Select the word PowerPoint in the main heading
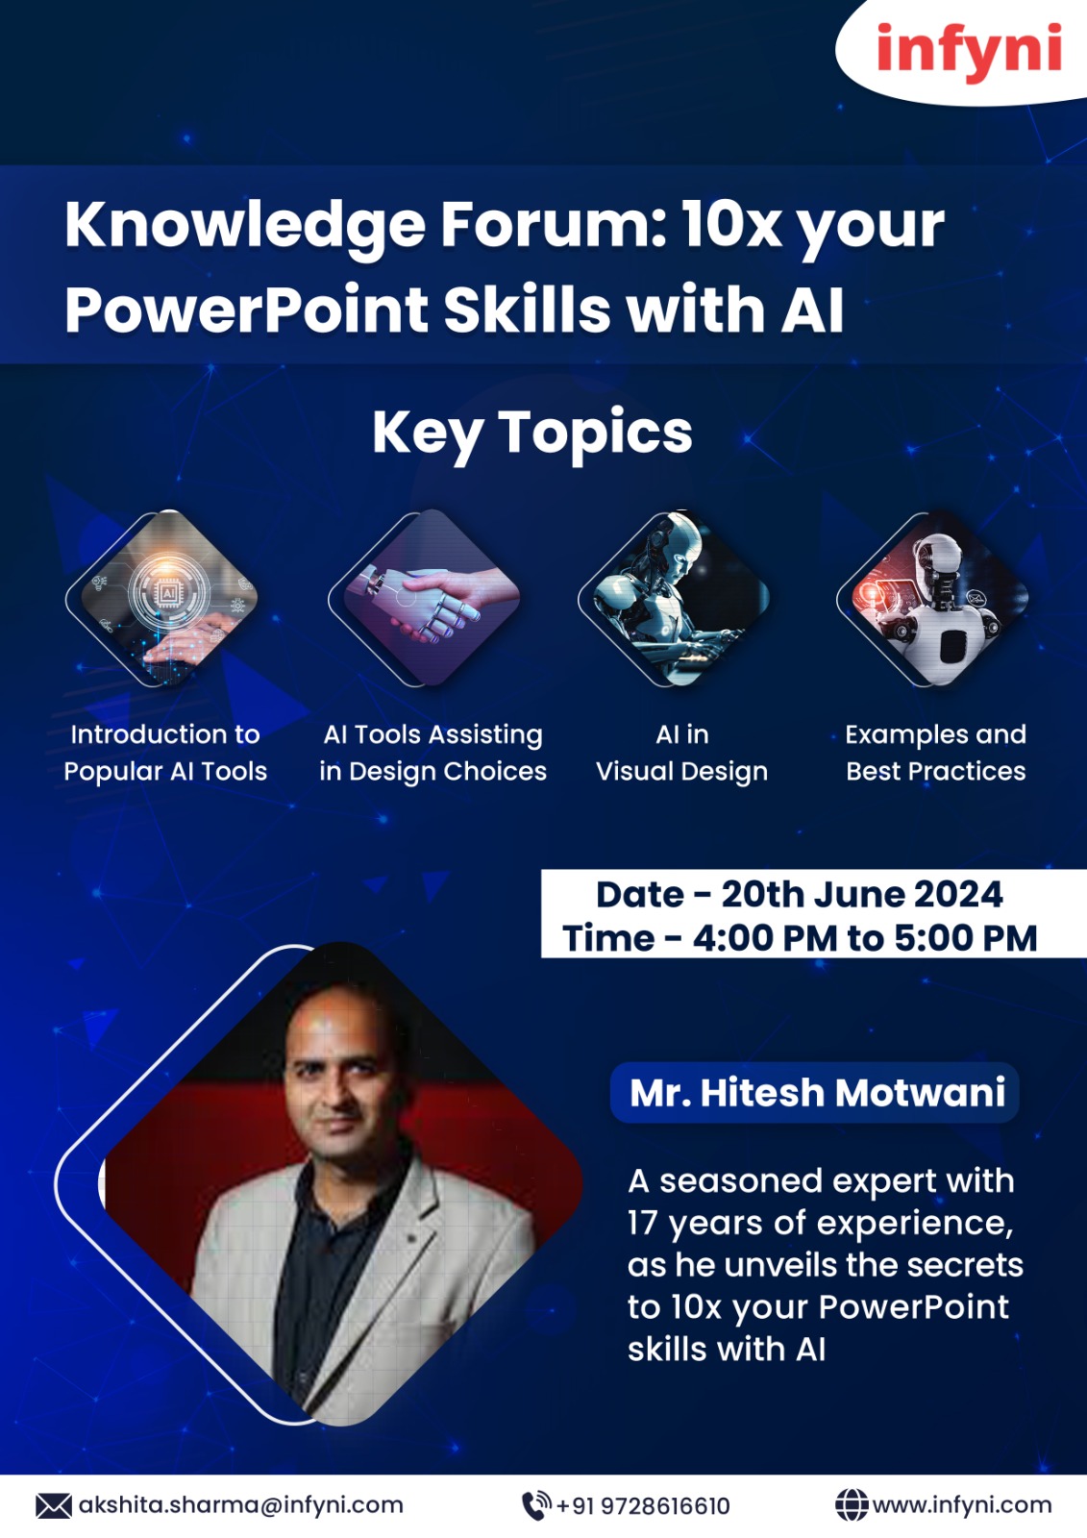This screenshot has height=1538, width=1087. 246,310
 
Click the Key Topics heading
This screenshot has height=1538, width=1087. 532,433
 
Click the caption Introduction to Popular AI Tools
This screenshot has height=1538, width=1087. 165,753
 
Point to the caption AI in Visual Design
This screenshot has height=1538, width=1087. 681,753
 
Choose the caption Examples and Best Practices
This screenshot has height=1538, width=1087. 936,753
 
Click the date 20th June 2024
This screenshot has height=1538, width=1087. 862,894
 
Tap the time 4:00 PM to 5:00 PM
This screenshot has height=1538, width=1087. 865,938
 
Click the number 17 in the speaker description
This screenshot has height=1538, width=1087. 642,1223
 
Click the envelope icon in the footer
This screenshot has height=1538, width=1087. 54,1506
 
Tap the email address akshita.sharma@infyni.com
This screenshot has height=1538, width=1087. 241,1505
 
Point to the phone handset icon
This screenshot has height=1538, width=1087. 536,1506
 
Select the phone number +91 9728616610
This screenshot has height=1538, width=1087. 643,1506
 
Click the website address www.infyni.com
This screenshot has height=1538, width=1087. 962,1505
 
